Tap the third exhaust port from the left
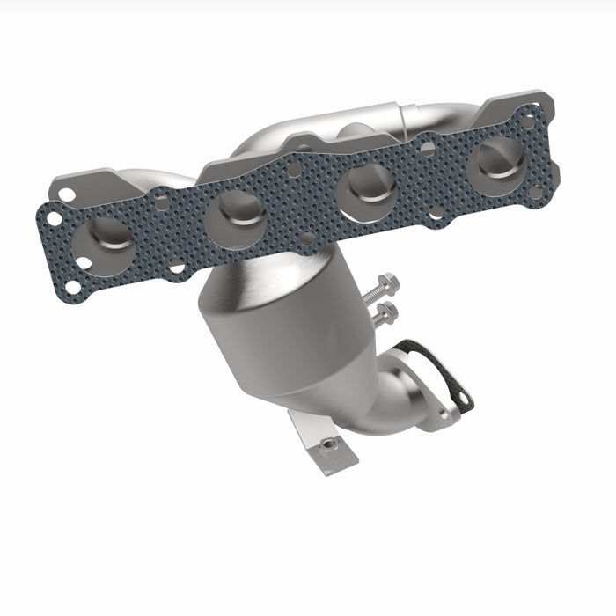tap(363, 186)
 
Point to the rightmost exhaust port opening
tap(497, 158)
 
